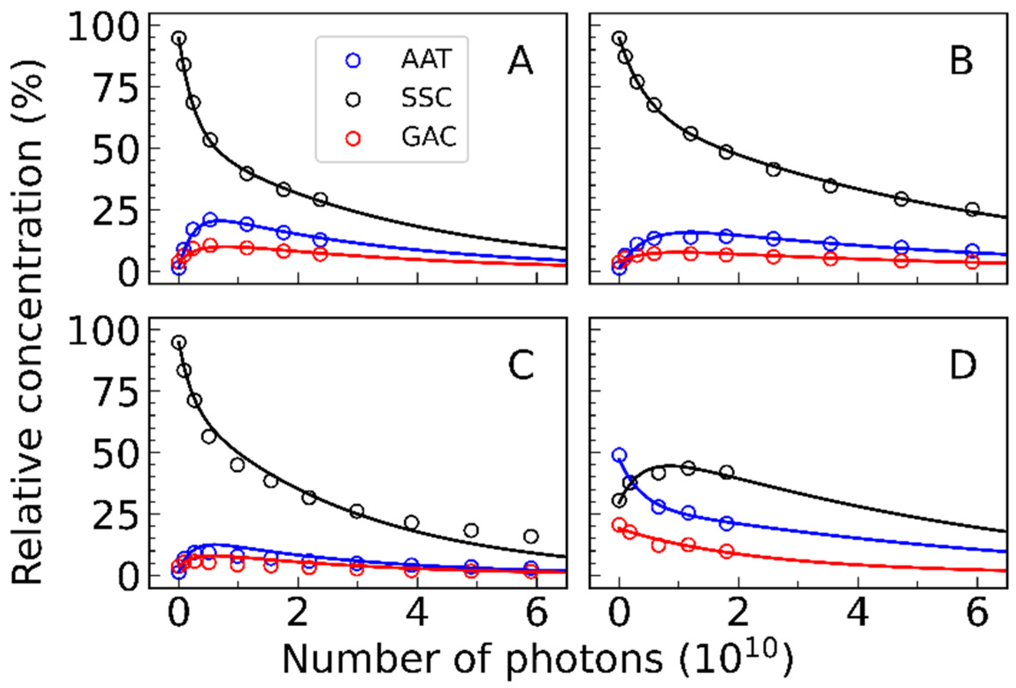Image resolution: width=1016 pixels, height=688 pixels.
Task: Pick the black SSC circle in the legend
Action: [x=353, y=100]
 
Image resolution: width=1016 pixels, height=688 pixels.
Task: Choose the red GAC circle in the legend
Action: [x=353, y=138]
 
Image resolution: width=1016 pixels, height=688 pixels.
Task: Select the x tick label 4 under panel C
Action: [x=418, y=614]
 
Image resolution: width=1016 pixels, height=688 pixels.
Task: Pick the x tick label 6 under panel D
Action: [x=978, y=614]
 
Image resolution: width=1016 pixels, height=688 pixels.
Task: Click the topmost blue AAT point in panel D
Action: [x=619, y=455]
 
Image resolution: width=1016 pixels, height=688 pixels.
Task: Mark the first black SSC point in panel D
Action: [x=619, y=501]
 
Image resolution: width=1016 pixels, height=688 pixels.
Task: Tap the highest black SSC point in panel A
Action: [x=179, y=38]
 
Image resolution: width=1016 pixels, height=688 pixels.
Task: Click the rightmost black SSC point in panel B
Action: [x=971, y=209]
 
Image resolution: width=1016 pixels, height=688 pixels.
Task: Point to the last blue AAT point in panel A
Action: [x=321, y=239]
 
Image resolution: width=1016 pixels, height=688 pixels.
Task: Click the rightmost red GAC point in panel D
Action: [x=726, y=551]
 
